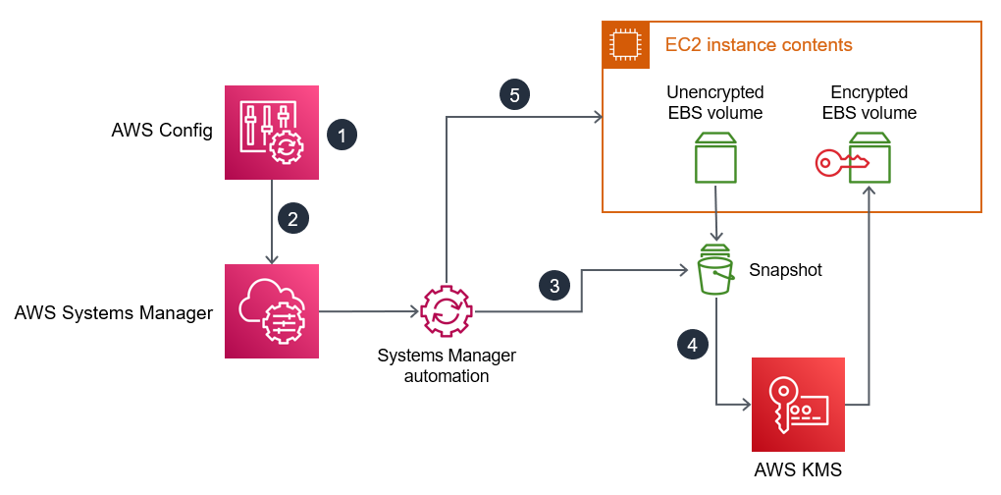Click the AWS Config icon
272,133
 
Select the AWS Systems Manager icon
272,311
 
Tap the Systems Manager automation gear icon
447,311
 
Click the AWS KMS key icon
798,404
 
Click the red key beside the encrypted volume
834,163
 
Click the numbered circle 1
342,135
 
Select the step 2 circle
292,217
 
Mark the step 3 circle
554,286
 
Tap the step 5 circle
514,94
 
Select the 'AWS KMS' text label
798,469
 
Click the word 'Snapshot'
785,269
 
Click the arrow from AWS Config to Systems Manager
272,222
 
